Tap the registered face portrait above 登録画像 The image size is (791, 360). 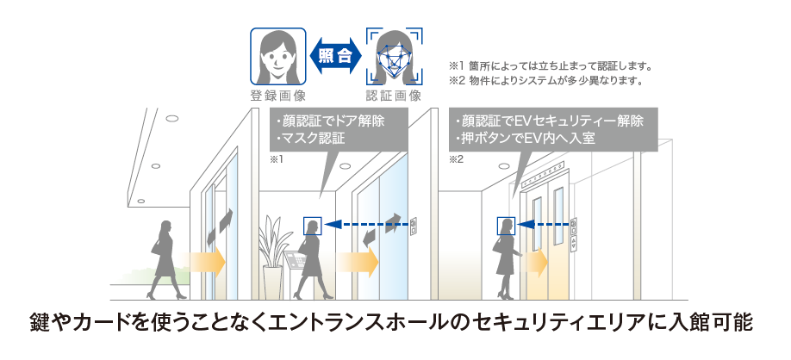[278, 56]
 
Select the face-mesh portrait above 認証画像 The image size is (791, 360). [395, 56]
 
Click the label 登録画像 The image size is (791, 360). [278, 95]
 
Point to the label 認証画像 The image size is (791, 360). [395, 95]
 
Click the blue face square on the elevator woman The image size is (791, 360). [505, 226]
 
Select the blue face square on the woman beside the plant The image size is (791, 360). [311, 226]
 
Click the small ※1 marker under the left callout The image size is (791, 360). [277, 161]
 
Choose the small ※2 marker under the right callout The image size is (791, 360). [457, 161]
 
